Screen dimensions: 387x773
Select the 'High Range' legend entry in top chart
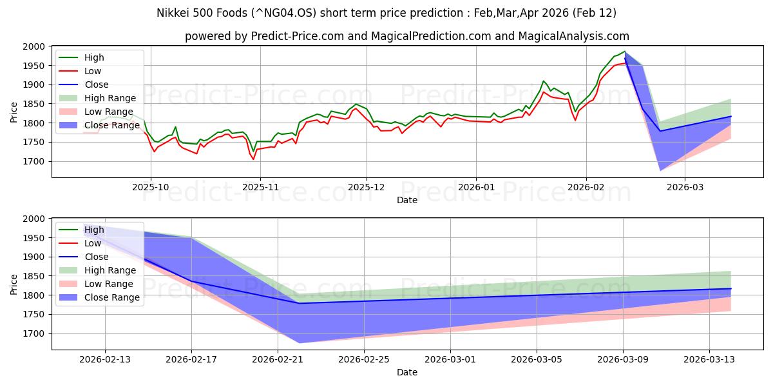(x=110, y=98)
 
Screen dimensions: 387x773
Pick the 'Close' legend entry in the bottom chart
(x=97, y=257)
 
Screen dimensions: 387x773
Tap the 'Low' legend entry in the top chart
(x=93, y=71)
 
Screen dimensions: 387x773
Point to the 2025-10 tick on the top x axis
(x=151, y=186)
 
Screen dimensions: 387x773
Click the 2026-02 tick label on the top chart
(x=586, y=186)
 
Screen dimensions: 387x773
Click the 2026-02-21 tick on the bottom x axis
(x=278, y=359)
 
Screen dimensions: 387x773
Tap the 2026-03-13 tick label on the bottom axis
(x=709, y=359)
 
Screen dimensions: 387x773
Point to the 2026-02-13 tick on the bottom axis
(x=105, y=359)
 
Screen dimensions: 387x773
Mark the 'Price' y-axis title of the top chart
(x=14, y=112)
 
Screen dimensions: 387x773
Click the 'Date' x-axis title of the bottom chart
(x=406, y=372)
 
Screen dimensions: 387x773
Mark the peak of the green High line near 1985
(x=624, y=52)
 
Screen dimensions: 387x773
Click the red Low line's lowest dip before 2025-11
(x=253, y=159)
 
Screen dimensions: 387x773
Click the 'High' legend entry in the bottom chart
(x=93, y=230)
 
